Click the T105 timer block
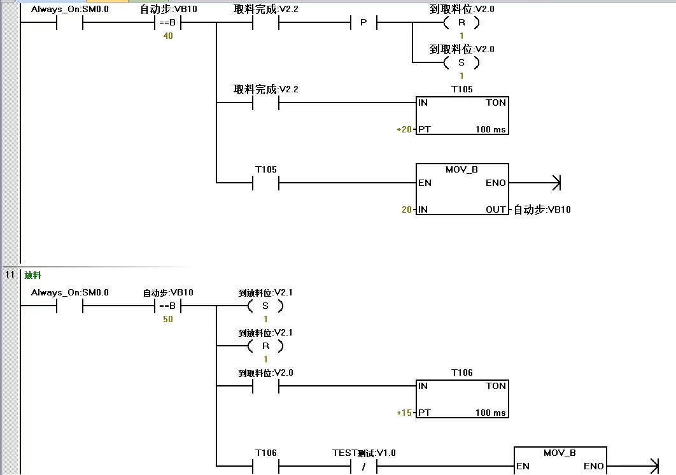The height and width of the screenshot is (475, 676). click(x=462, y=115)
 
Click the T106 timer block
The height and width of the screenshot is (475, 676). click(x=462, y=399)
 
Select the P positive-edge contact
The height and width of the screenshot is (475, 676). click(x=363, y=23)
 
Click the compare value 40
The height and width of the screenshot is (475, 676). click(x=168, y=36)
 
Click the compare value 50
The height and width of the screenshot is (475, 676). click(x=168, y=319)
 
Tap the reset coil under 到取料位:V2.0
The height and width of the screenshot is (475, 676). click(x=461, y=23)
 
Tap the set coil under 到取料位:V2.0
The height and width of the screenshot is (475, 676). click(x=461, y=62)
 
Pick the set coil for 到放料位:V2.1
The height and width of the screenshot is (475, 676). click(x=265, y=306)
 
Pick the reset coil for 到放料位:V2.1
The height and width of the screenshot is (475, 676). click(x=265, y=346)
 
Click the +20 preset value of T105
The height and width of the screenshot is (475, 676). click(x=404, y=129)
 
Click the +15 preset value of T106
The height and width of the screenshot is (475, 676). click(x=404, y=413)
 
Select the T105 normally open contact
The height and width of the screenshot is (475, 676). click(x=266, y=183)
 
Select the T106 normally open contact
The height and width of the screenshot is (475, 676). click(x=266, y=466)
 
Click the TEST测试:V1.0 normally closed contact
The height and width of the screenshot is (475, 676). click(x=363, y=466)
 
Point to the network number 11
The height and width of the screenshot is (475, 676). click(x=10, y=275)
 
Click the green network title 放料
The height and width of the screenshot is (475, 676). click(x=33, y=275)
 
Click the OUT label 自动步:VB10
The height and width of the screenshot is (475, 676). click(x=542, y=209)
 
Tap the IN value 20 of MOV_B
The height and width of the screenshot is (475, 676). click(x=406, y=209)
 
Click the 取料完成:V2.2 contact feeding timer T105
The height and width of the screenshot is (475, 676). click(x=266, y=103)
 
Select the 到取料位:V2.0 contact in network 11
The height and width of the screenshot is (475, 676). click(x=266, y=386)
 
